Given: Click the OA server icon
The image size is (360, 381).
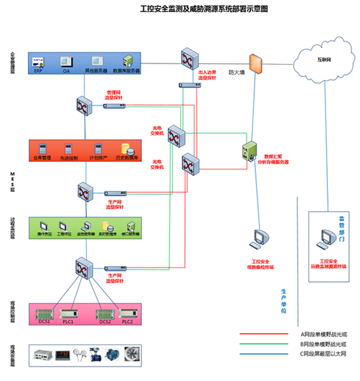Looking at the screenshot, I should (x=66, y=60).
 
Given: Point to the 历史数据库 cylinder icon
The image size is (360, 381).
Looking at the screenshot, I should (x=125, y=148).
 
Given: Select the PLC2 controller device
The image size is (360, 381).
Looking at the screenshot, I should (x=127, y=313).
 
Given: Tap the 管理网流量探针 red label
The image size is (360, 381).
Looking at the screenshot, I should (x=114, y=95).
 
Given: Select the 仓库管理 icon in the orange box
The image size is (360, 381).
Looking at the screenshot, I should (x=42, y=148).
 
